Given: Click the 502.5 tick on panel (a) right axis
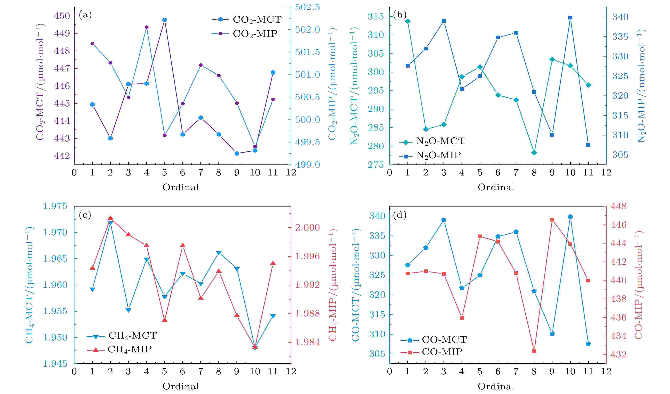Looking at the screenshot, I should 307,7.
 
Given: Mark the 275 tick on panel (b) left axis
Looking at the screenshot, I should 376,165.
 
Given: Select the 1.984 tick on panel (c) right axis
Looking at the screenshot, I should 307,342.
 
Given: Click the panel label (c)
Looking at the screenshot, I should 85,215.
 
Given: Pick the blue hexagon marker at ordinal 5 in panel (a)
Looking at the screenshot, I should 165,20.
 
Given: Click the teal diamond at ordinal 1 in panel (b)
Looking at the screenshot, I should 407,21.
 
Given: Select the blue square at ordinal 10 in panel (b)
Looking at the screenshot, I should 570,18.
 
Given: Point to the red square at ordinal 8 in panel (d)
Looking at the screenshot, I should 534,351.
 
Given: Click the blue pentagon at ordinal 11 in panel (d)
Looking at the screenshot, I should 588,344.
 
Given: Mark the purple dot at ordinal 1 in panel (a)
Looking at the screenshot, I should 93,43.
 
